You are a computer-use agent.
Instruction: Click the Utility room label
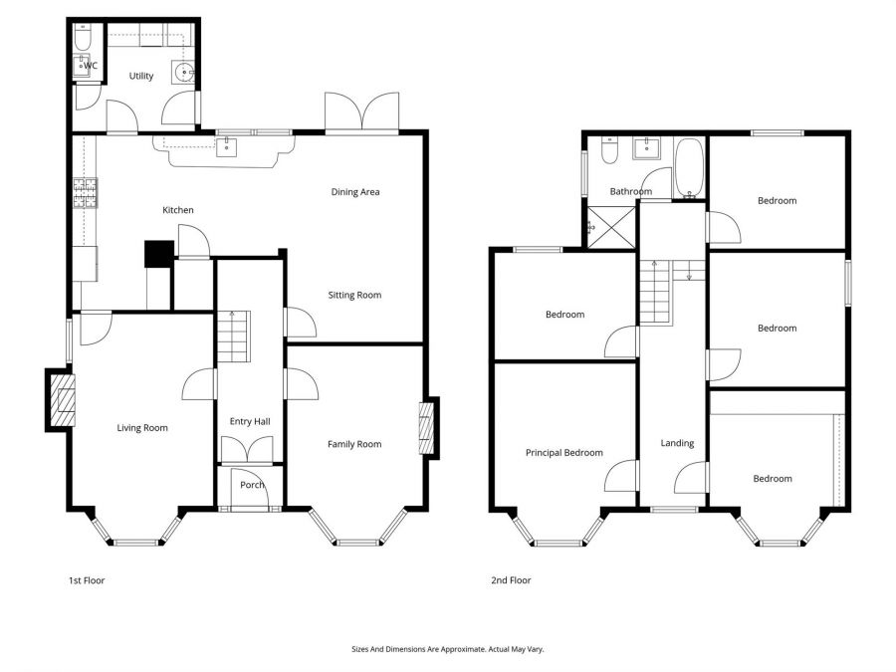pyautogui.click(x=141, y=76)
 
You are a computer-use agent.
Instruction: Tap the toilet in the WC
pyautogui.click(x=83, y=37)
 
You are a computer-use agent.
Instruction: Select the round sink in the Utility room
pyautogui.click(x=182, y=72)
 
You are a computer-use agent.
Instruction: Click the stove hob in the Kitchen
pyautogui.click(x=85, y=191)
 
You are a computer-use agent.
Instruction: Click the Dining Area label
pyautogui.click(x=355, y=192)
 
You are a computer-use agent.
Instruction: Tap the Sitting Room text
pyautogui.click(x=355, y=295)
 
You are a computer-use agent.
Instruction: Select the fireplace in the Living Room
pyautogui.click(x=61, y=400)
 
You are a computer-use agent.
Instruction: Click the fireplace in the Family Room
pyautogui.click(x=427, y=428)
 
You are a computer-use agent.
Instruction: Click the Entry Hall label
pyautogui.click(x=250, y=422)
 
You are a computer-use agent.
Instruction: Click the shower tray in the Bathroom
pyautogui.click(x=610, y=226)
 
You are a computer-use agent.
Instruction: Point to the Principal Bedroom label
pyautogui.click(x=563, y=453)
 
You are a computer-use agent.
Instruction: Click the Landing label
pyautogui.click(x=677, y=443)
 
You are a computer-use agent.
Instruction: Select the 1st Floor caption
pyautogui.click(x=86, y=580)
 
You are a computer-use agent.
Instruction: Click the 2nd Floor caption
pyautogui.click(x=511, y=580)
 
